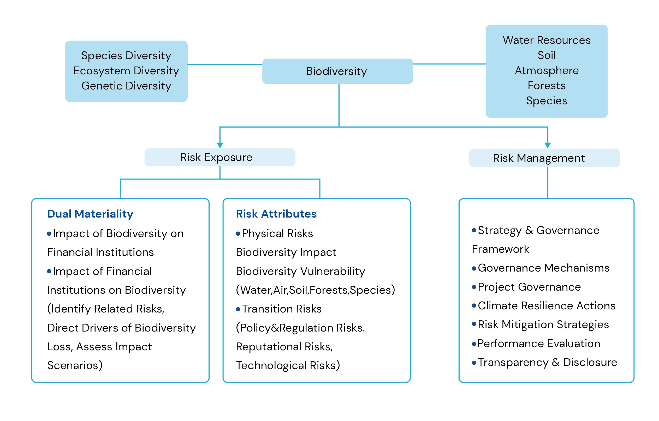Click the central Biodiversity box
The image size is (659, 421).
[x=337, y=71]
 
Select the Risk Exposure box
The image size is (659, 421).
[x=219, y=157]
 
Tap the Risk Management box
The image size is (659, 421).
[x=544, y=158]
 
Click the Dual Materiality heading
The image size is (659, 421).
[x=90, y=214]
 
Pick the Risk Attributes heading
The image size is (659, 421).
[x=276, y=214]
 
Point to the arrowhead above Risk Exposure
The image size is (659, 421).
[x=220, y=145]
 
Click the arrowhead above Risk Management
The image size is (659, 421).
[x=547, y=145]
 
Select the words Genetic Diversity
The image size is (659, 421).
[x=126, y=86]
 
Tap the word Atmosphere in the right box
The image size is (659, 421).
[x=547, y=71]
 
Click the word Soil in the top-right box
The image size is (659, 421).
[x=547, y=55]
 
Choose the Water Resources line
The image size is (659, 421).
[x=547, y=40]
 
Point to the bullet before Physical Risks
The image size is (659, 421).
[x=238, y=234]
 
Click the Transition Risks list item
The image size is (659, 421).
[x=281, y=309]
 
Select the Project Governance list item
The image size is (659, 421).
[x=529, y=287]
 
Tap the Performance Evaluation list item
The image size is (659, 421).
[x=538, y=344]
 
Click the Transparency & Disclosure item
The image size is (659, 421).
[x=547, y=362]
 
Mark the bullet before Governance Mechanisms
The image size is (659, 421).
[x=474, y=269]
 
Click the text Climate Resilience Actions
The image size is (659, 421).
[x=546, y=306]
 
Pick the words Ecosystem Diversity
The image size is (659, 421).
[x=126, y=71]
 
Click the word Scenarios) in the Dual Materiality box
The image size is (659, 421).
[x=75, y=365]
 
